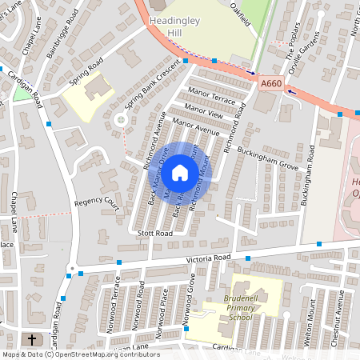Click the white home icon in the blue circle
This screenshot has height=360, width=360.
[x=180, y=172]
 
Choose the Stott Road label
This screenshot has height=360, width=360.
[x=154, y=233]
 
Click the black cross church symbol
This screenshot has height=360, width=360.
[x=32, y=339]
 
